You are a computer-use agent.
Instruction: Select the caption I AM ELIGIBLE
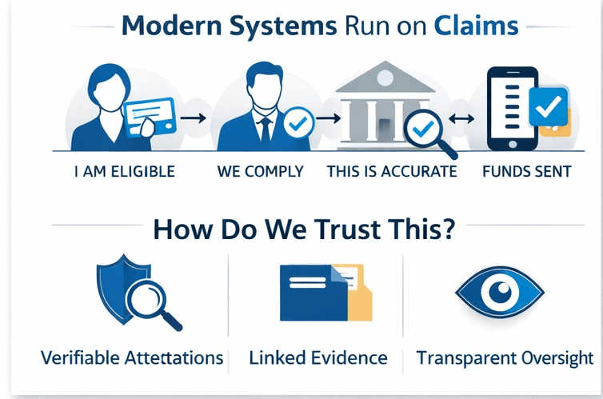(x=122, y=172)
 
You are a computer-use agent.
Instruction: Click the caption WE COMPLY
(x=260, y=172)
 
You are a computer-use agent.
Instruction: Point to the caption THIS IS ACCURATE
(x=392, y=172)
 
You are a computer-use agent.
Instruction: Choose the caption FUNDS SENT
(x=527, y=172)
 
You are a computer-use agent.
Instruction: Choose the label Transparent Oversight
(x=505, y=357)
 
